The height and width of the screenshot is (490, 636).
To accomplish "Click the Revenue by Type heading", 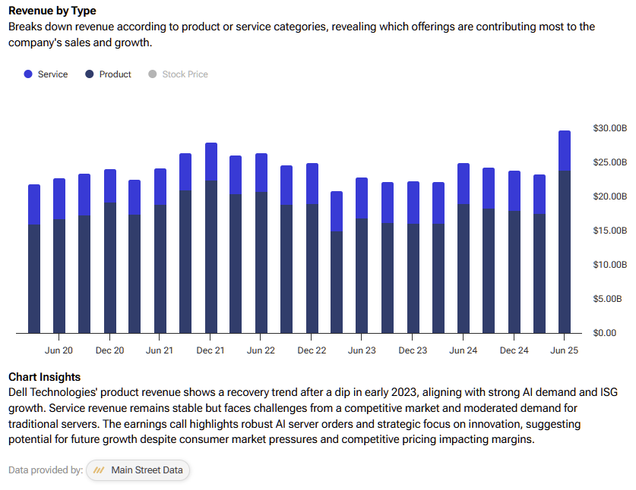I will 52,11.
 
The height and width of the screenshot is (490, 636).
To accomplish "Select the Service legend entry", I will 52,74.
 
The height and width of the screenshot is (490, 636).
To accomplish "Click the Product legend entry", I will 115,74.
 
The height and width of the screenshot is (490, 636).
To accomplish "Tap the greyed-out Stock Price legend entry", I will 185,74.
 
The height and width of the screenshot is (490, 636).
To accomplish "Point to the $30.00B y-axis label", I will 609,128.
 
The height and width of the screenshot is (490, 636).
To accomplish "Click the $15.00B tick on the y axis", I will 609,231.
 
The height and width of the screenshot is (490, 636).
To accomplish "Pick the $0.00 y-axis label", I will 609,333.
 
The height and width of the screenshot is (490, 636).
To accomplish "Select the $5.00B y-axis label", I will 609,299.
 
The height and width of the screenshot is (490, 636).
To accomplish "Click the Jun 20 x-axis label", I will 59,350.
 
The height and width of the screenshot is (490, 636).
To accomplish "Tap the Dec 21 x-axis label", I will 210,350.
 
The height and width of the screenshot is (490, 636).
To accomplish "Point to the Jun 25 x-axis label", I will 564,350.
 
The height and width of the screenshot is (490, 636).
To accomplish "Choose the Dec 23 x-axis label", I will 413,350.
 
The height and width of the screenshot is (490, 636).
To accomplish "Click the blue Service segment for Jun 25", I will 565,150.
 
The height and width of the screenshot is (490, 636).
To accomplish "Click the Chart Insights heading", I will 44,377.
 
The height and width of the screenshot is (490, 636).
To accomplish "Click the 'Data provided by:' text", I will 46,470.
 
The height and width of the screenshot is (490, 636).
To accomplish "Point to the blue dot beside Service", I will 28,74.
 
